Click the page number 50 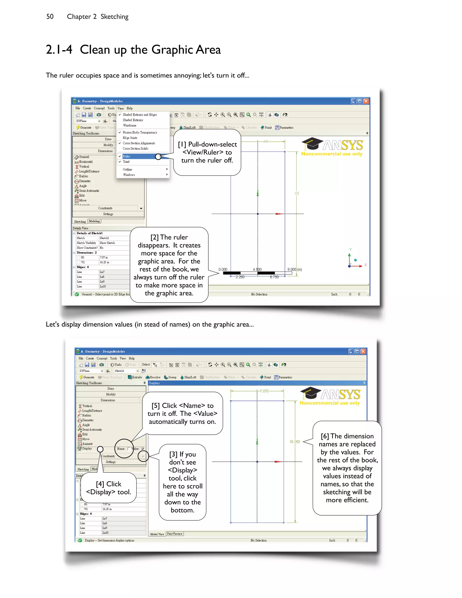[50, 17]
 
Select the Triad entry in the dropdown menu [126, 162]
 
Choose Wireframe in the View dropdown [129, 125]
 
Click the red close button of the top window [366, 101]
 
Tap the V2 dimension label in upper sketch [297, 194]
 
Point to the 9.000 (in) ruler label [294, 269]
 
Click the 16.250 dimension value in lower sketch [294, 442]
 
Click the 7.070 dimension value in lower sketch [264, 391]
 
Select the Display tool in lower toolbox [87, 449]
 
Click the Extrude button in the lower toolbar [135, 377]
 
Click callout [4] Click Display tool [109, 488]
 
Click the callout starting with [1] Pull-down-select [207, 152]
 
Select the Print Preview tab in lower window [175, 534]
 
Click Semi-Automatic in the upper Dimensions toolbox [89, 191]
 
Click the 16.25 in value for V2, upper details [104, 262]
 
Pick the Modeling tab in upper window [95, 221]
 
